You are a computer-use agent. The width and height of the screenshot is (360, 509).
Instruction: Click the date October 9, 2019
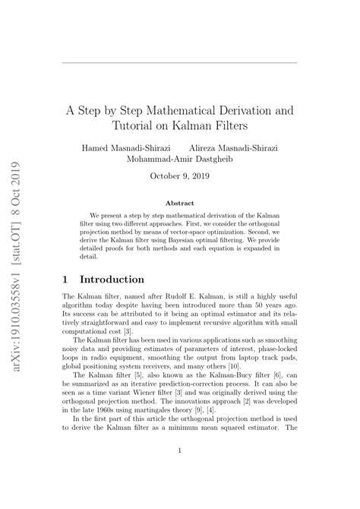179,178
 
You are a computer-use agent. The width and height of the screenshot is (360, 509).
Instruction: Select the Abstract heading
179,203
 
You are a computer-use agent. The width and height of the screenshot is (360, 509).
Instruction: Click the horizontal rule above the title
179,63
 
